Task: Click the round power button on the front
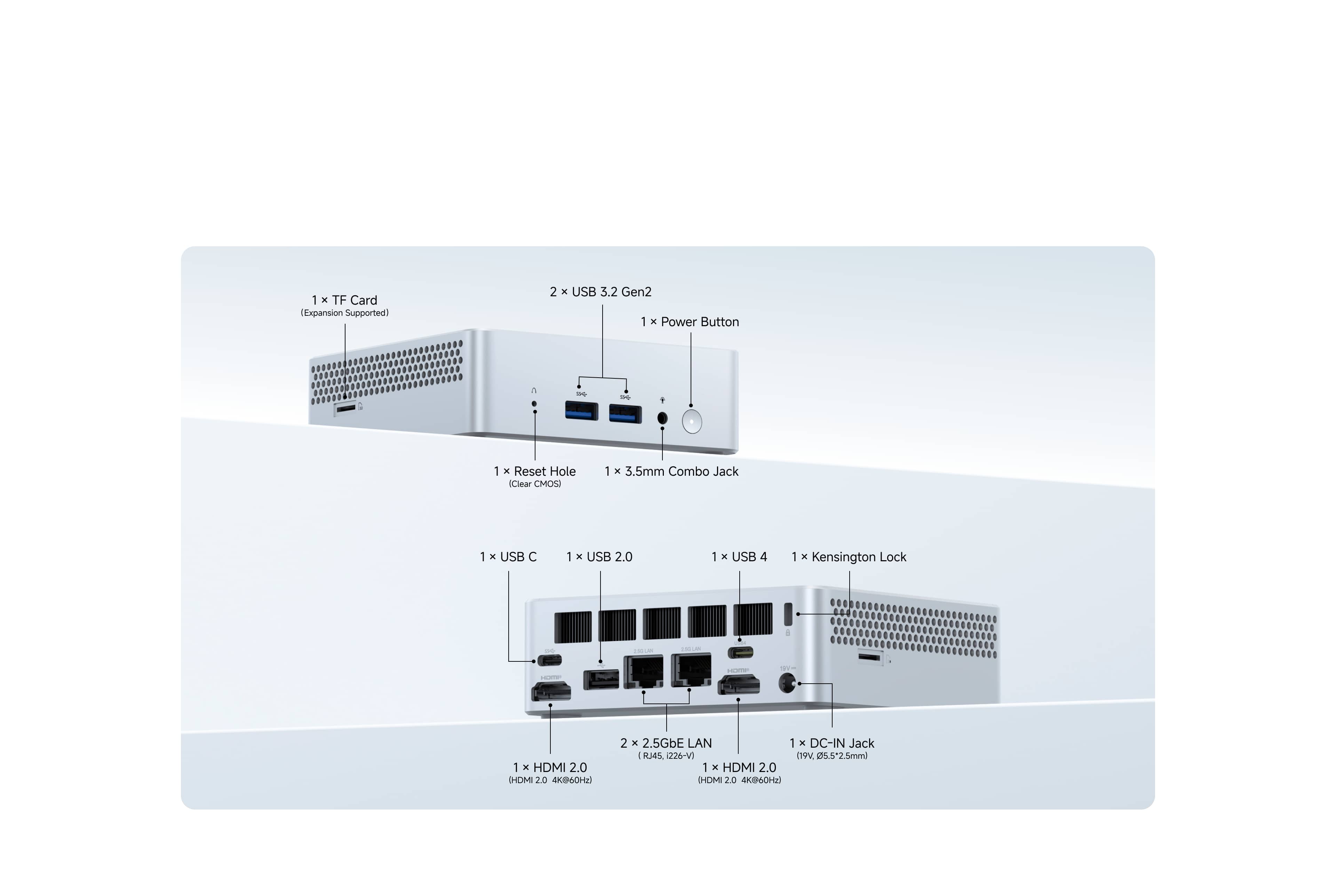[692, 421]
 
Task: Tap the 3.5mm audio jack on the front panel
[662, 418]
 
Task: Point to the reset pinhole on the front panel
[534, 403]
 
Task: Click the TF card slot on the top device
[345, 408]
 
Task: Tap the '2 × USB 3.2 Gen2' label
[601, 292]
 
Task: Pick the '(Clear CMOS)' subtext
[535, 484]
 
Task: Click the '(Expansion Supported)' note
[345, 313]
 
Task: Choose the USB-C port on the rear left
[549, 660]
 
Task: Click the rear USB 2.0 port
[601, 680]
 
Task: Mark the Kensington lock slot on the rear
[788, 614]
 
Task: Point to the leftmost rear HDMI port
[551, 691]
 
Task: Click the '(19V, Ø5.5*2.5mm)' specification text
[832, 756]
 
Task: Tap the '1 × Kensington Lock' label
[849, 557]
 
